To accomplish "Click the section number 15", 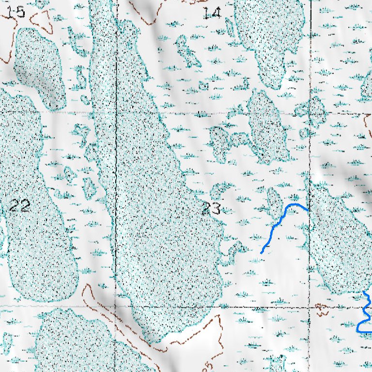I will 16,11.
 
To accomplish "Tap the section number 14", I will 212,13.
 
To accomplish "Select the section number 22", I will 20,206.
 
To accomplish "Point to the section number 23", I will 211,209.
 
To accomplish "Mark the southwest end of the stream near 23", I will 262,252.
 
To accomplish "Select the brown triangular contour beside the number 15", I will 42,19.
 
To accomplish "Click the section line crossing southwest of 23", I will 115,306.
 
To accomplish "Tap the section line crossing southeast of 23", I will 309,306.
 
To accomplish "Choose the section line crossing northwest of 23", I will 116,111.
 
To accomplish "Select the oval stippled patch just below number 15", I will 39,68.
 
